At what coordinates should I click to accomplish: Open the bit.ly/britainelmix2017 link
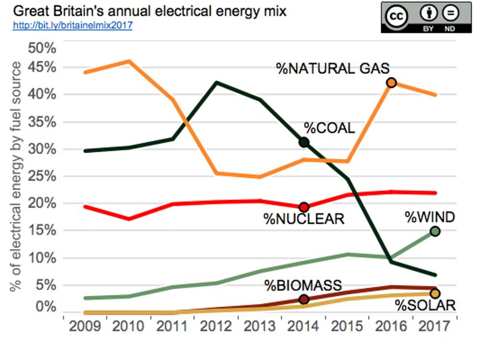(72, 25)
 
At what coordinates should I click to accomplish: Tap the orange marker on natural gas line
(391, 83)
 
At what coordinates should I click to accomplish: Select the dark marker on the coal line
(304, 142)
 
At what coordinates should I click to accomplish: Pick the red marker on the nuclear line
(304, 207)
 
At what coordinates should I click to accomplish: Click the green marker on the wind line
(435, 231)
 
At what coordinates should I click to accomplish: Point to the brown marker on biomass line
(304, 300)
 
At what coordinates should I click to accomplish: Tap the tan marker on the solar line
(435, 293)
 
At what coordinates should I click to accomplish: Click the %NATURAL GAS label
(333, 68)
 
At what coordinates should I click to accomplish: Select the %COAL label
(329, 128)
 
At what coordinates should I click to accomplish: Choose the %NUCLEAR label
(304, 220)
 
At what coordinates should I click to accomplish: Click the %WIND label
(430, 217)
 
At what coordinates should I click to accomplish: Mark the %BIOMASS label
(303, 285)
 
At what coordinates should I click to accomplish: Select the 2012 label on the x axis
(216, 327)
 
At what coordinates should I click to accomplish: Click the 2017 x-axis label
(434, 327)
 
